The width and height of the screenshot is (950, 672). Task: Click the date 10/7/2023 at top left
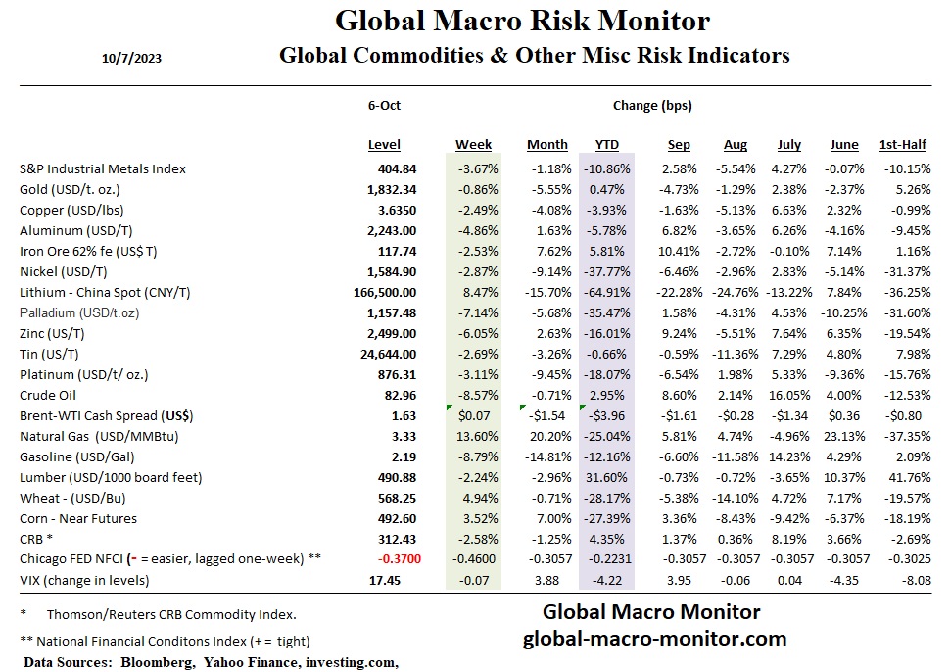[131, 58]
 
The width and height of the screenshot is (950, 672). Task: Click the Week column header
[473, 145]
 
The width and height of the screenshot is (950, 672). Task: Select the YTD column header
[607, 145]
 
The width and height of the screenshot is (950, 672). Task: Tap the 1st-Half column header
[902, 145]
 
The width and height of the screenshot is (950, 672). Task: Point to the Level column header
[384, 145]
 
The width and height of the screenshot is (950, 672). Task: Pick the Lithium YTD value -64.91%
[607, 292]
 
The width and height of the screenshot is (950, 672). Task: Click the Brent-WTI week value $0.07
[476, 415]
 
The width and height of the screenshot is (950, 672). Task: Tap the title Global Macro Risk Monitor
[522, 22]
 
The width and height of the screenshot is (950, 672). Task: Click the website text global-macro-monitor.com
[654, 639]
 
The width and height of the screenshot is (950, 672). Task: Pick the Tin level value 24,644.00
[383, 354]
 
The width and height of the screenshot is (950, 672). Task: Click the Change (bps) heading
[652, 105]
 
